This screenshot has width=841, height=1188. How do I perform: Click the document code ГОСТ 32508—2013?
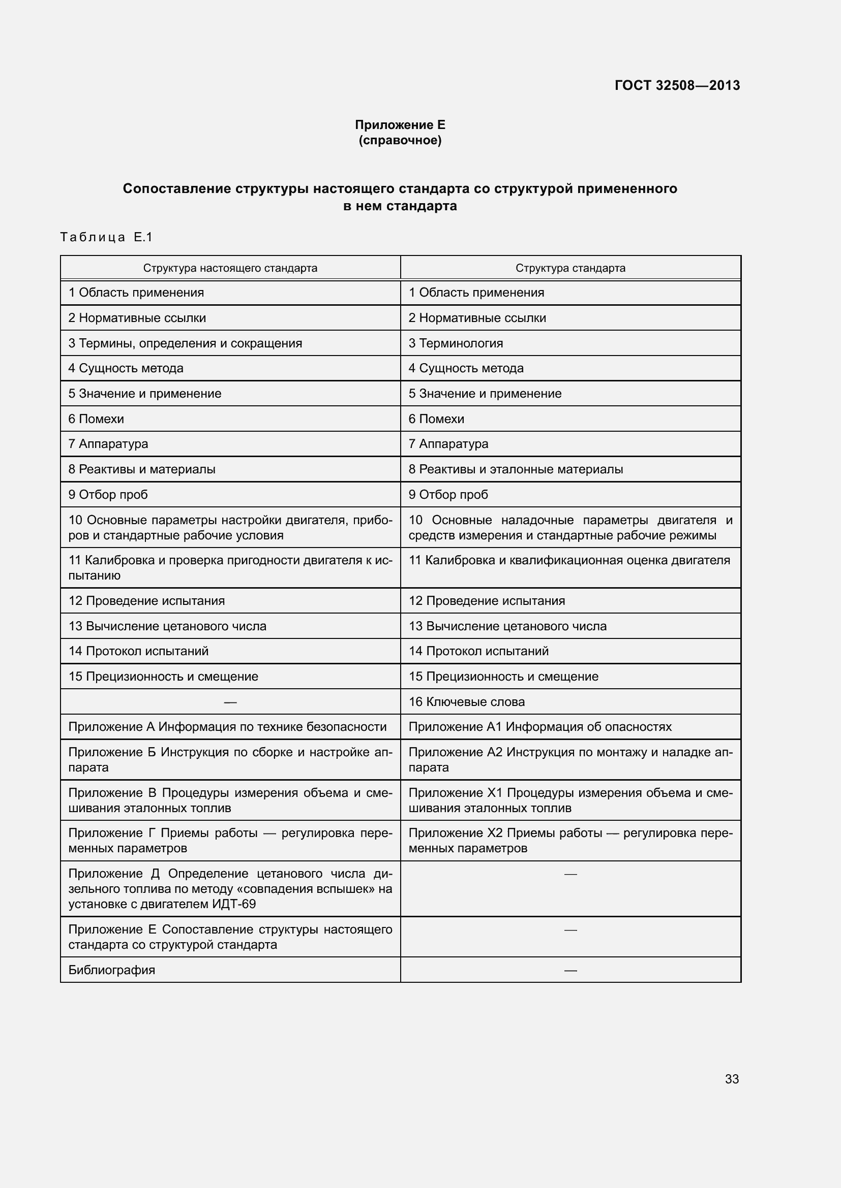point(677,85)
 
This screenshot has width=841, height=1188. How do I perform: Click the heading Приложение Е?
point(400,125)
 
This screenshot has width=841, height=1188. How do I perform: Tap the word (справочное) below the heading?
point(400,140)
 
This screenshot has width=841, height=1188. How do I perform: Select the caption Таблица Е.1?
point(107,237)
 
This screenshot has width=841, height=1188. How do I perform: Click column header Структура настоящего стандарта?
point(230,268)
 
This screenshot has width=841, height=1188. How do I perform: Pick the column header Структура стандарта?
point(570,268)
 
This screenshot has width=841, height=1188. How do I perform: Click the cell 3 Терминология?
point(456,343)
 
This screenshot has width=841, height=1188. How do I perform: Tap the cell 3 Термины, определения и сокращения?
point(185,343)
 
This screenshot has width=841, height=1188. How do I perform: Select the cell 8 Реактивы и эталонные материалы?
point(515,469)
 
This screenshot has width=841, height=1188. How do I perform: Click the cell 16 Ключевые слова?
point(467,701)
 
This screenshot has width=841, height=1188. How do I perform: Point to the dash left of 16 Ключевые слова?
point(230,702)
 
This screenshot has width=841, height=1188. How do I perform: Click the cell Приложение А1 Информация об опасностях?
point(539,726)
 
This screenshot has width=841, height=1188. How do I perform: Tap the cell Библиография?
point(112,970)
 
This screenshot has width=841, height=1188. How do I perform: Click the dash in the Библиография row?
point(570,970)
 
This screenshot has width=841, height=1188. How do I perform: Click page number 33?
point(732,1079)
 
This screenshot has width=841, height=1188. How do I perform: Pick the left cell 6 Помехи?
point(96,419)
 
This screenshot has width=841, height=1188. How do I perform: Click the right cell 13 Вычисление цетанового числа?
point(507,626)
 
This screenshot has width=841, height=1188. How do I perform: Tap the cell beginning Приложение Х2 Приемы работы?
point(570,840)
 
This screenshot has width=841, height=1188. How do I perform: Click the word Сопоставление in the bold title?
point(176,189)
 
